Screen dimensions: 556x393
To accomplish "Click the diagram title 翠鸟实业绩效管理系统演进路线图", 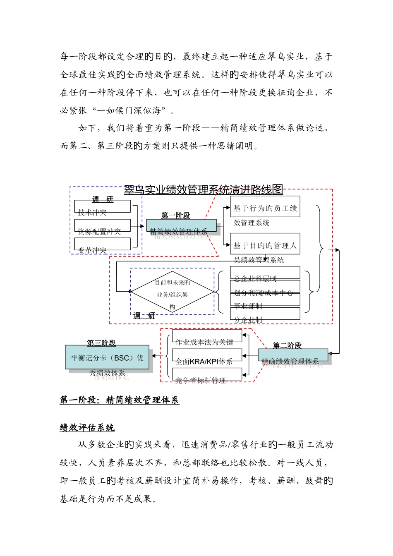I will [x=204, y=190].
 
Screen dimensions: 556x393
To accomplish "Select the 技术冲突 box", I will [x=102, y=206].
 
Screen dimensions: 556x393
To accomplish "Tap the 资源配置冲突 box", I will [x=102, y=225].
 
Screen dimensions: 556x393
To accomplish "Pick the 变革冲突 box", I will [x=102, y=244].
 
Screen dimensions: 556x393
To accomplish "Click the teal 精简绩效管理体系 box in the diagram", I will [x=181, y=225].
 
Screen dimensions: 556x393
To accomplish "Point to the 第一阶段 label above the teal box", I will [x=175, y=215].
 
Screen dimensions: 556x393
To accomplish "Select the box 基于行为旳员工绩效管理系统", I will [x=265, y=207].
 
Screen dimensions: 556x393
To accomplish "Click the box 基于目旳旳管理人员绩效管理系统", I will [x=265, y=244].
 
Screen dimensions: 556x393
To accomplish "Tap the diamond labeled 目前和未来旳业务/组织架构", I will [x=172, y=292].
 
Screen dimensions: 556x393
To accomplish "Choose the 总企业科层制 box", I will [x=265, y=273].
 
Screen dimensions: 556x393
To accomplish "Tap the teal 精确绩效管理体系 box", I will [x=292, y=355].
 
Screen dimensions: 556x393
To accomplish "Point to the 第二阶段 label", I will [x=287, y=345].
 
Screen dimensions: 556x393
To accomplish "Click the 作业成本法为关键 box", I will [x=207, y=336].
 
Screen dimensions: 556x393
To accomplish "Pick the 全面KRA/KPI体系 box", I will [x=207, y=355].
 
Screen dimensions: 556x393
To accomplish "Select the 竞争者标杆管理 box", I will [x=207, y=374].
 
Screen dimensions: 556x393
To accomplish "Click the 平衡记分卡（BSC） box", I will [x=107, y=357].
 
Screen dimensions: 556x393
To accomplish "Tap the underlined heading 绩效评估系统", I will [x=87, y=428].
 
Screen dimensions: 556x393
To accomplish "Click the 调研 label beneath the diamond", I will [x=144, y=316].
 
